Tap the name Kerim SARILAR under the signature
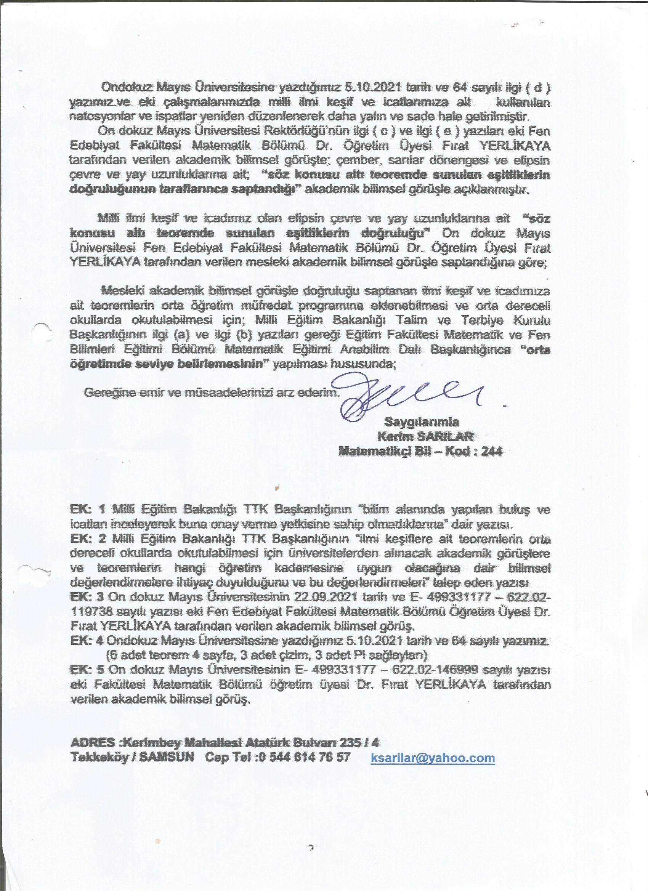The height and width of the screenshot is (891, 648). pos(425,436)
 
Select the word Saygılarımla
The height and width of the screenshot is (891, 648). pos(422,422)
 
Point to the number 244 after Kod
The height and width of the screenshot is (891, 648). pos(492,451)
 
